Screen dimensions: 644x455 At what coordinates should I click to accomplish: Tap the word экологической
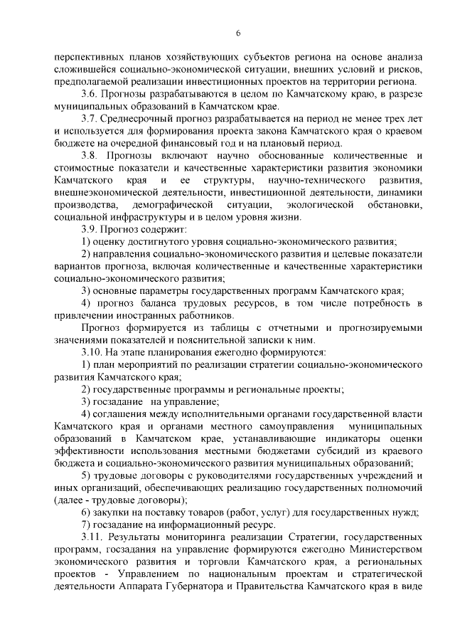click(315, 204)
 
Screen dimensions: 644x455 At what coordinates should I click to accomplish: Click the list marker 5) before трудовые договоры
click(85, 475)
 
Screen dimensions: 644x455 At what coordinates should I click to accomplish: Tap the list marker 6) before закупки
click(85, 512)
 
